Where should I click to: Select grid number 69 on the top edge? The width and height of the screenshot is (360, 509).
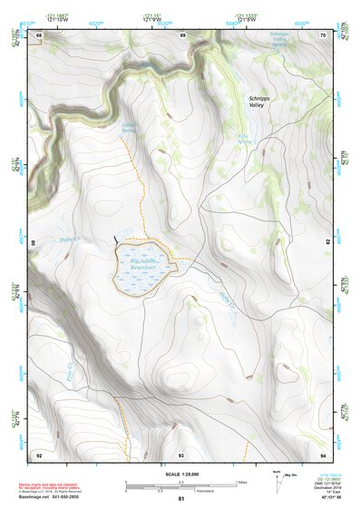point(183,35)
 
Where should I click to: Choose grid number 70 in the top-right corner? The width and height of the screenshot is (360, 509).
point(323,35)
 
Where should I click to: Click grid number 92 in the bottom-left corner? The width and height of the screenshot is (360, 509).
point(39,454)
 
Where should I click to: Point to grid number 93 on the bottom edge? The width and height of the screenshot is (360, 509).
point(181,454)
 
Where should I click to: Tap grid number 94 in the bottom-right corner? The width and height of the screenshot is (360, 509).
point(323,454)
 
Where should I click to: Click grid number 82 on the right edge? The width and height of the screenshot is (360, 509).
point(328,242)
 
